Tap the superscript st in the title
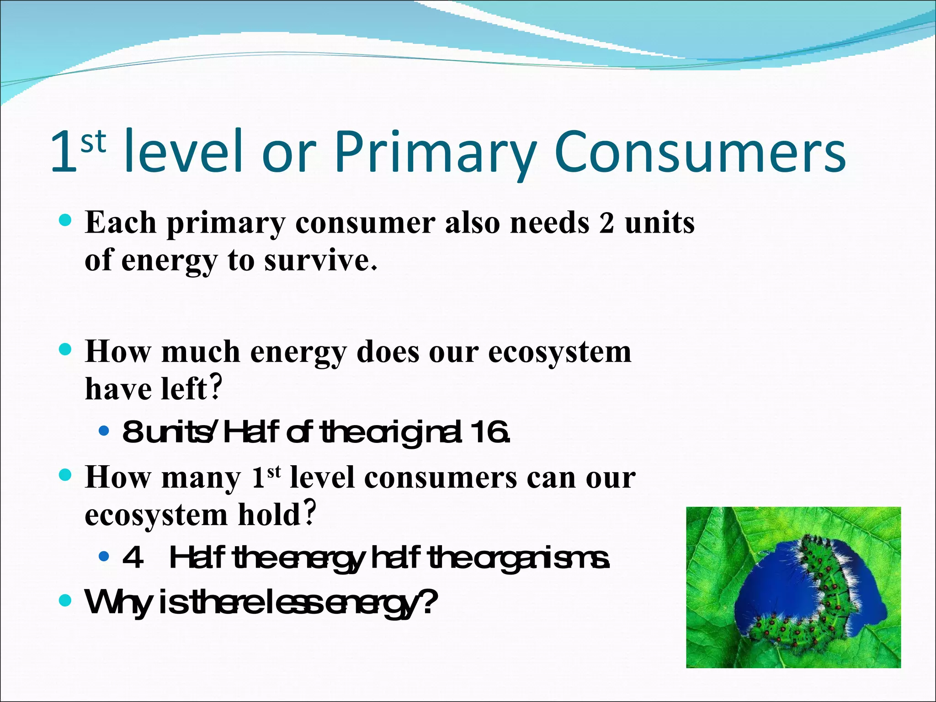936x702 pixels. pyautogui.click(x=93, y=142)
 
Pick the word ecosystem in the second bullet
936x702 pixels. pyautogui.click(x=559, y=352)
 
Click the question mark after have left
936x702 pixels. pyautogui.click(x=216, y=388)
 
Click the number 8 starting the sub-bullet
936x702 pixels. pyautogui.click(x=133, y=432)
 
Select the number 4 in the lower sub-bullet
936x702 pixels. pyautogui.click(x=133, y=558)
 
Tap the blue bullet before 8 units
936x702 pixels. pyautogui.click(x=104, y=431)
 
